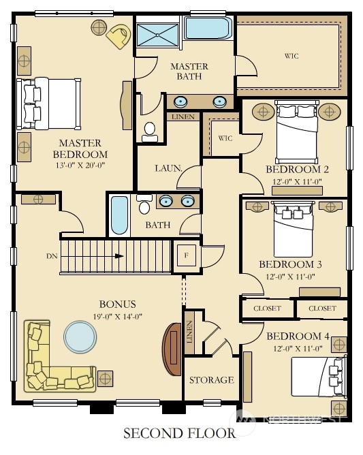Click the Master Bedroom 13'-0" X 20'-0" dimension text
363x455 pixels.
click(80, 166)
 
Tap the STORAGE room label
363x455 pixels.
click(212, 380)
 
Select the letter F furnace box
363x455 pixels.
click(187, 255)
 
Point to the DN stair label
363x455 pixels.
click(52, 256)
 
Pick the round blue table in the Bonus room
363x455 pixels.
click(80, 336)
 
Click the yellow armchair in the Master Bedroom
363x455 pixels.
click(119, 36)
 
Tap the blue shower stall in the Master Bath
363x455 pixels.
click(157, 35)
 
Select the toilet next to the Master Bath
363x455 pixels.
click(150, 132)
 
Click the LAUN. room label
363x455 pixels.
click(169, 168)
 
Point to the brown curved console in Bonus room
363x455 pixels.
click(172, 349)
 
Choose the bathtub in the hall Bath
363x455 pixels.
click(120, 215)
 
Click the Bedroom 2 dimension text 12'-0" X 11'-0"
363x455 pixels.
click(297, 182)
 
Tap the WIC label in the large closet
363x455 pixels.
click(291, 56)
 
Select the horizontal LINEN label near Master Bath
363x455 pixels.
click(183, 117)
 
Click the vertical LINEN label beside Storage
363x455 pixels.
click(189, 332)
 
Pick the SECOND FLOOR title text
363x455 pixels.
click(180, 433)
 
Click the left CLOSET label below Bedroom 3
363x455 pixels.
click(267, 308)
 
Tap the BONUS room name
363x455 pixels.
click(118, 304)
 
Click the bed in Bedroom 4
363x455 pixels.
click(319, 377)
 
